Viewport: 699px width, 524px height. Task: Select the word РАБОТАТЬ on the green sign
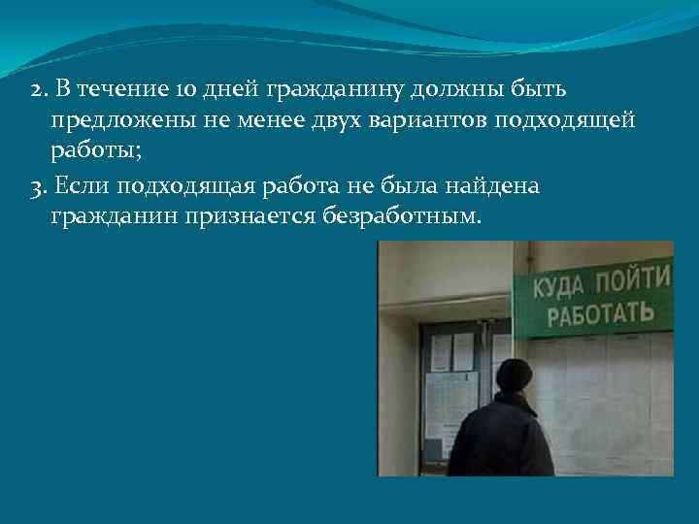(601, 316)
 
